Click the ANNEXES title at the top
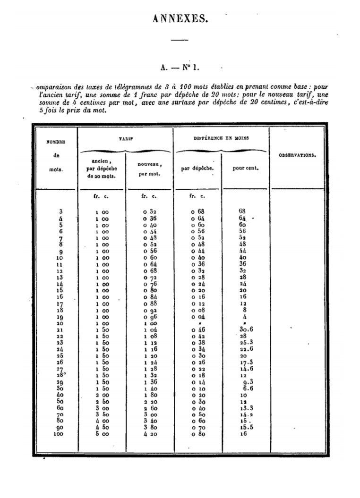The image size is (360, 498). (180, 19)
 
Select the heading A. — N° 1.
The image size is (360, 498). (180, 67)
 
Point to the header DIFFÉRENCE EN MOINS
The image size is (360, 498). (221, 139)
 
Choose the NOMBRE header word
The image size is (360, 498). (56, 142)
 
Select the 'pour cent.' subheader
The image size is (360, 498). (245, 169)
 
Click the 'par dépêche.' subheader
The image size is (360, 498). (197, 169)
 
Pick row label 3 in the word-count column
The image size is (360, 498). (60, 211)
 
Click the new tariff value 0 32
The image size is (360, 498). (150, 212)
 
